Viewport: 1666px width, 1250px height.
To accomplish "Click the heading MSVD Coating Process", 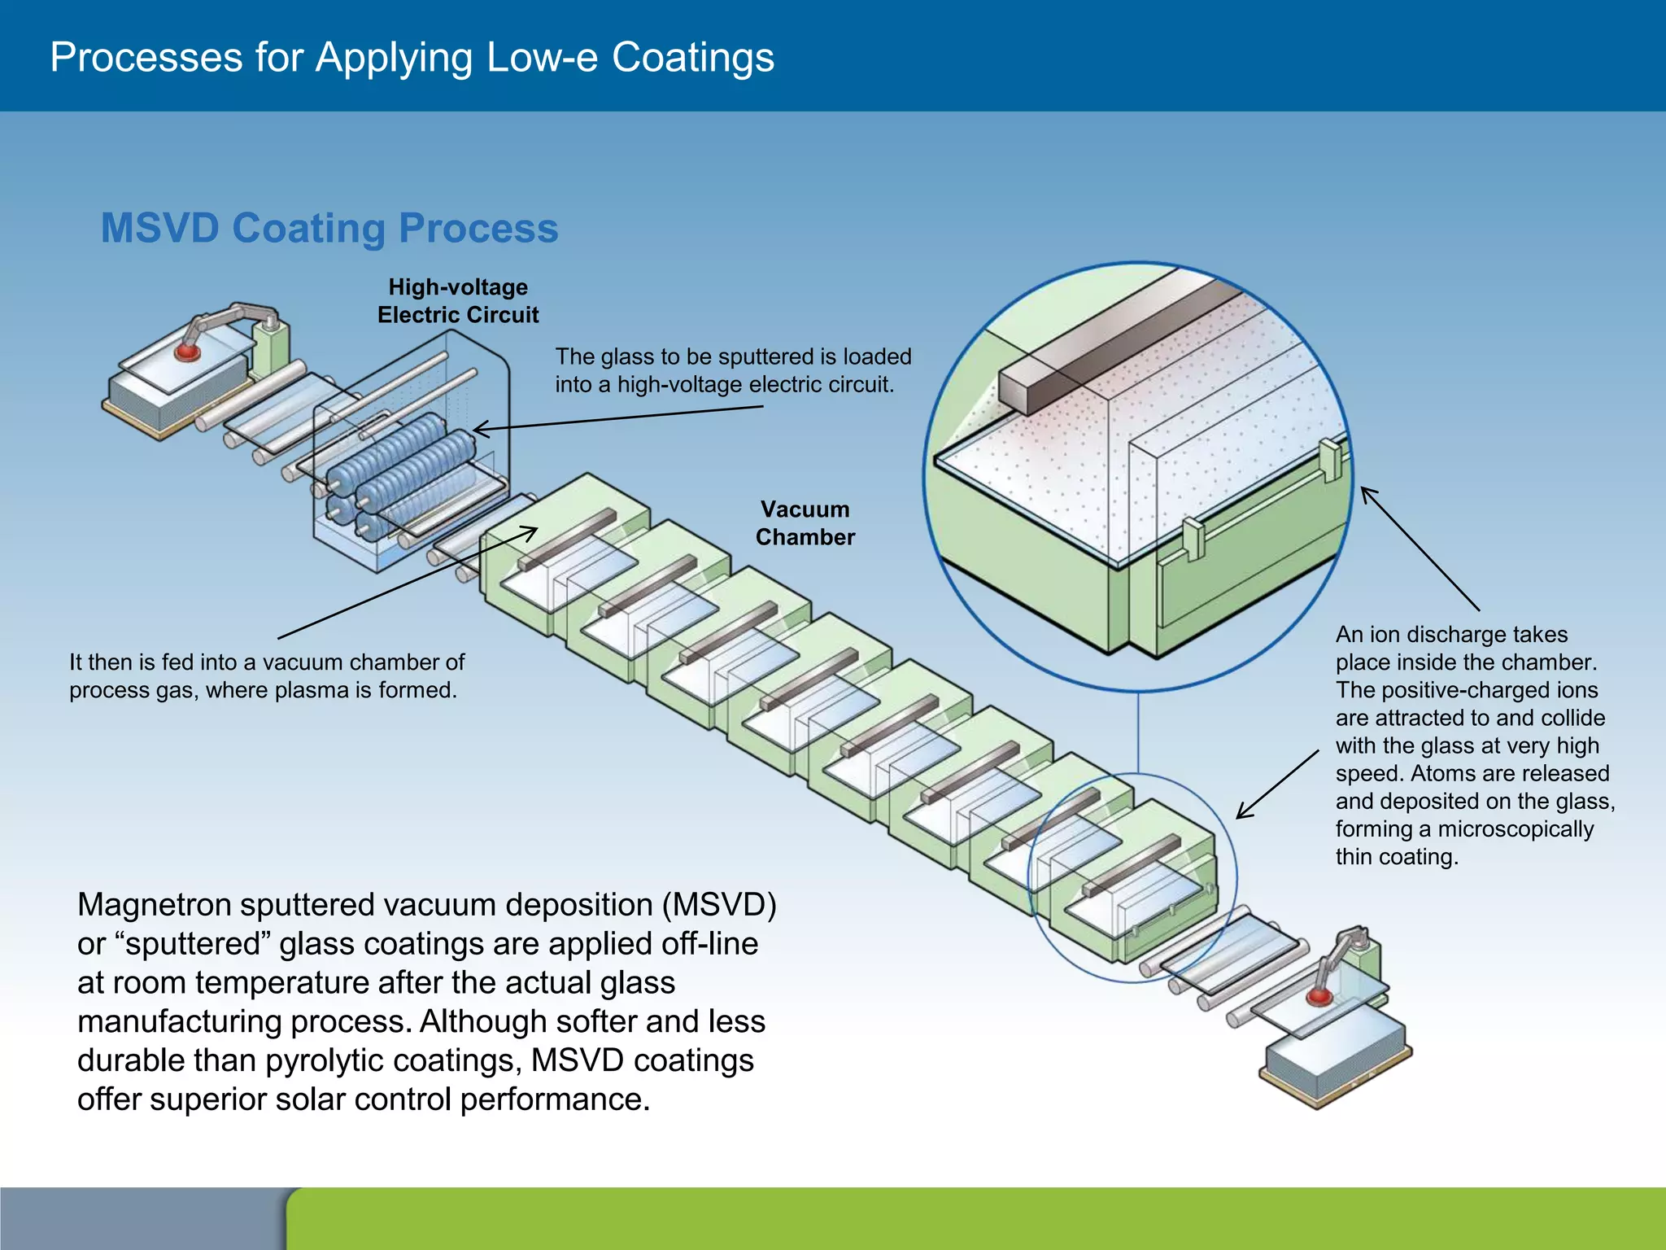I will [x=329, y=228].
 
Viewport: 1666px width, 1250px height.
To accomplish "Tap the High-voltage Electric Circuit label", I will [x=458, y=301].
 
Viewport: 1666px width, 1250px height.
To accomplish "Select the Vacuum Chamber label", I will [x=805, y=523].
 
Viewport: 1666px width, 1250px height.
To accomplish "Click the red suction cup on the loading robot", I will [x=188, y=352].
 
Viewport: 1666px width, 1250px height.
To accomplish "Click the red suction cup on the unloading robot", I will [x=1319, y=997].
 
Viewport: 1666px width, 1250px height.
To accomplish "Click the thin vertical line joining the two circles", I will [x=1138, y=732].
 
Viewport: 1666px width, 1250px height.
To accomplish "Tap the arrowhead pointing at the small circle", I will [x=1241, y=814].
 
